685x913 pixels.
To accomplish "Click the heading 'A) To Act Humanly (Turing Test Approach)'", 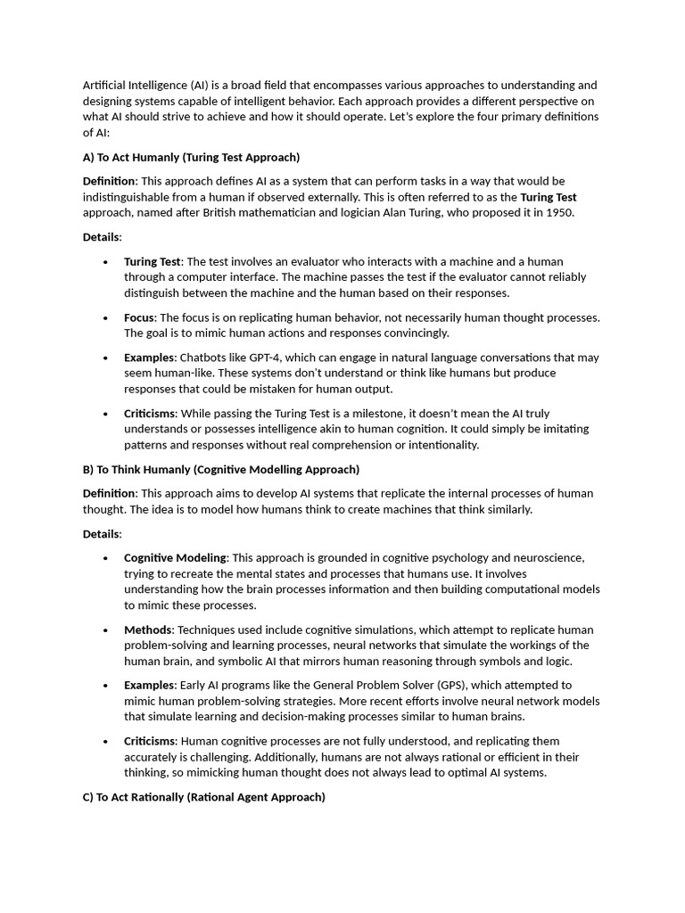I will click(191, 158).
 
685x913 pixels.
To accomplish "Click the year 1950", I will click(559, 213).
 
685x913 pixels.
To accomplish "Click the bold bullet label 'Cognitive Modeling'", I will click(176, 558).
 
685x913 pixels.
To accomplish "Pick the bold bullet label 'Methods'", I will click(147, 630).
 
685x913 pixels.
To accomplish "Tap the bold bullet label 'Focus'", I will click(139, 317).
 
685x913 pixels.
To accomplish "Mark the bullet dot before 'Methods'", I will click(105, 630).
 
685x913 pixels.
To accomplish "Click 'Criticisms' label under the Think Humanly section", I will click(150, 742).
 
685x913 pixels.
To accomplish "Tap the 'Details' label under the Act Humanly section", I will click(101, 237).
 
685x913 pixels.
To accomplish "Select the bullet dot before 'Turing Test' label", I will click(105, 262).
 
